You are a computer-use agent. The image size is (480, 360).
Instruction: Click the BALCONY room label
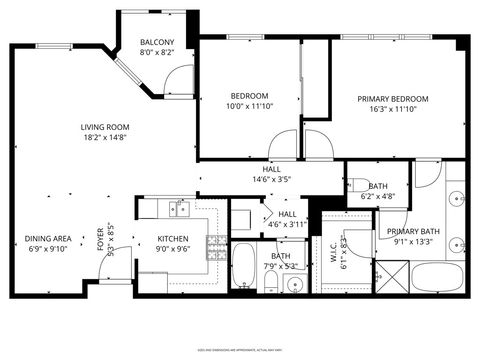pyautogui.click(x=157, y=42)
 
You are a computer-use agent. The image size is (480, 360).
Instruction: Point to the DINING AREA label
pyautogui.click(x=48, y=238)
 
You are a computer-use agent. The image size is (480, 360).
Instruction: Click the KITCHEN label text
pyautogui.click(x=173, y=238)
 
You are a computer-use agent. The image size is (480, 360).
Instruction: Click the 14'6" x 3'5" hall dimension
pyautogui.click(x=270, y=181)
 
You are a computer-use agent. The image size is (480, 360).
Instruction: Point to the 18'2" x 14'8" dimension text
pyautogui.click(x=106, y=138)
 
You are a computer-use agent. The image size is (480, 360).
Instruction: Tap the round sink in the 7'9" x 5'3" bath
pyautogui.click(x=292, y=286)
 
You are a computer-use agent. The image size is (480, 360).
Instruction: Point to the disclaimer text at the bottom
pyautogui.click(x=240, y=349)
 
